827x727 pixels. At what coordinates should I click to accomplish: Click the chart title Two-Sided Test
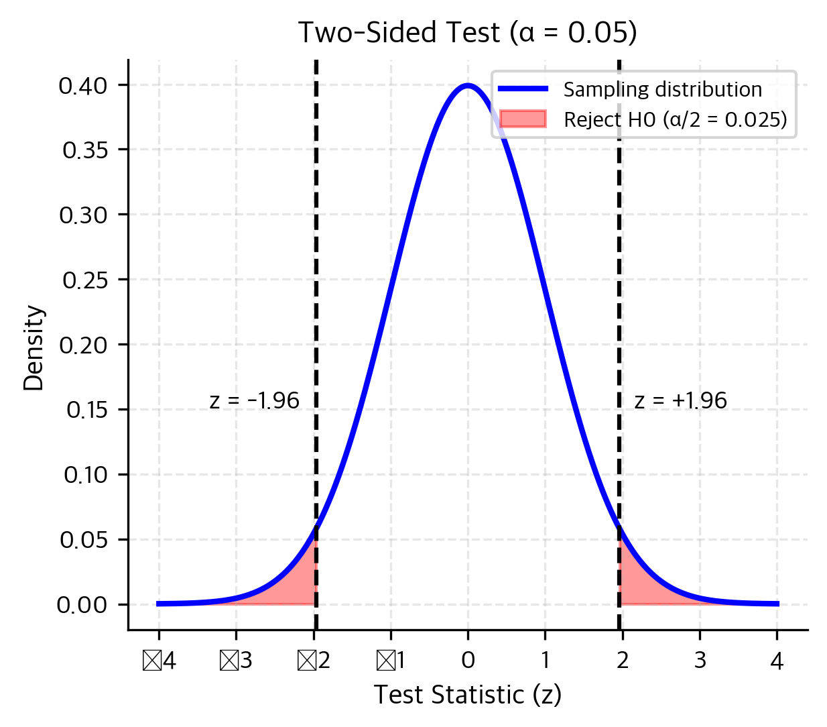pos(467,33)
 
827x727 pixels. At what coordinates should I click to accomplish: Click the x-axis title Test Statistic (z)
pos(467,695)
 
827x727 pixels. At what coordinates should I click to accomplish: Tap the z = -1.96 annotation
pos(254,401)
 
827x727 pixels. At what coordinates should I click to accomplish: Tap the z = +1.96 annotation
pos(680,401)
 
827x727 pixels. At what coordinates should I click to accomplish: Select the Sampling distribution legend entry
pos(662,90)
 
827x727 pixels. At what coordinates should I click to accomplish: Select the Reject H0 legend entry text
pos(675,120)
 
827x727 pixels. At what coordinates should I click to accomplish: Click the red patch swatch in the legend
pos(523,119)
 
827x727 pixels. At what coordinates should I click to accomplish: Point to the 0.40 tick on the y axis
pos(82,86)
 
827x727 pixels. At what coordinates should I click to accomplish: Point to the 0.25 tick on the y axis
pos(85,280)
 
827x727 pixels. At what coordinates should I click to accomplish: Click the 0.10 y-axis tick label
pos(85,476)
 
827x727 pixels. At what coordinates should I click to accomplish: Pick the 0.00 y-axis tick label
pos(82,606)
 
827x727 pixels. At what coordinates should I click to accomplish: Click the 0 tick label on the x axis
pos(468,661)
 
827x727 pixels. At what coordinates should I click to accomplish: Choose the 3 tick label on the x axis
pos(700,661)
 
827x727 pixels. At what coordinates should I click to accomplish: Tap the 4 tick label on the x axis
pos(777,661)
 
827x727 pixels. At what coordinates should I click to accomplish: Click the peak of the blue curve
pos(468,85)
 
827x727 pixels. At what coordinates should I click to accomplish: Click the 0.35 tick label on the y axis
pos(85,150)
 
